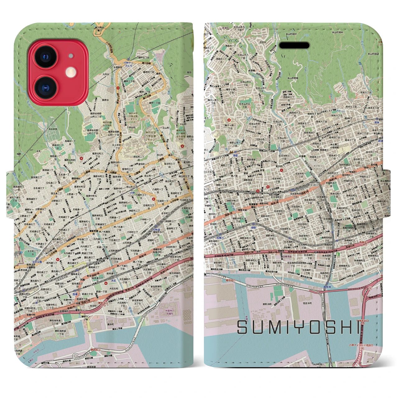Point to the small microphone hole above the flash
tap(72, 56)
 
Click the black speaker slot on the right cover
tap(294, 46)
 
